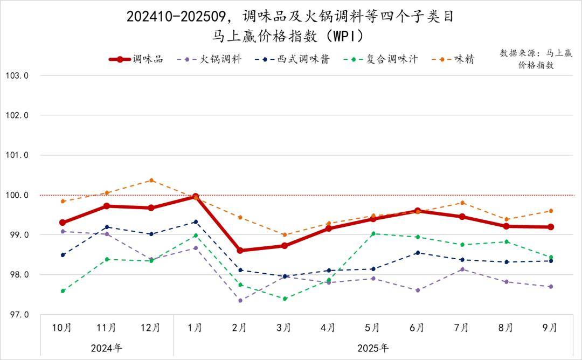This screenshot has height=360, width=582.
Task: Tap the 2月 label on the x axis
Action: tap(239, 328)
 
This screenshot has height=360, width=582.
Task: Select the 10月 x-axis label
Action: tap(62, 328)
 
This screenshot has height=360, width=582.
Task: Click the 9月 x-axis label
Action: tap(550, 328)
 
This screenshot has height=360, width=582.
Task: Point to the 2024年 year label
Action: tap(107, 348)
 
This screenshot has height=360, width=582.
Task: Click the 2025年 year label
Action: tap(372, 348)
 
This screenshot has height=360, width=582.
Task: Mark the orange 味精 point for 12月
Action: tap(151, 180)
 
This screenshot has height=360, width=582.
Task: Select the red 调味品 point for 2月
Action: tap(240, 251)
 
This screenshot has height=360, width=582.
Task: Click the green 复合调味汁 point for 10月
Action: tap(63, 291)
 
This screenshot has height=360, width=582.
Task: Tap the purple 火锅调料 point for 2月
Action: tap(240, 300)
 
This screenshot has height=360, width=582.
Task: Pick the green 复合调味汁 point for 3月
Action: tap(284, 299)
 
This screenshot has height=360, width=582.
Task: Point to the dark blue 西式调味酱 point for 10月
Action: tap(63, 255)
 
